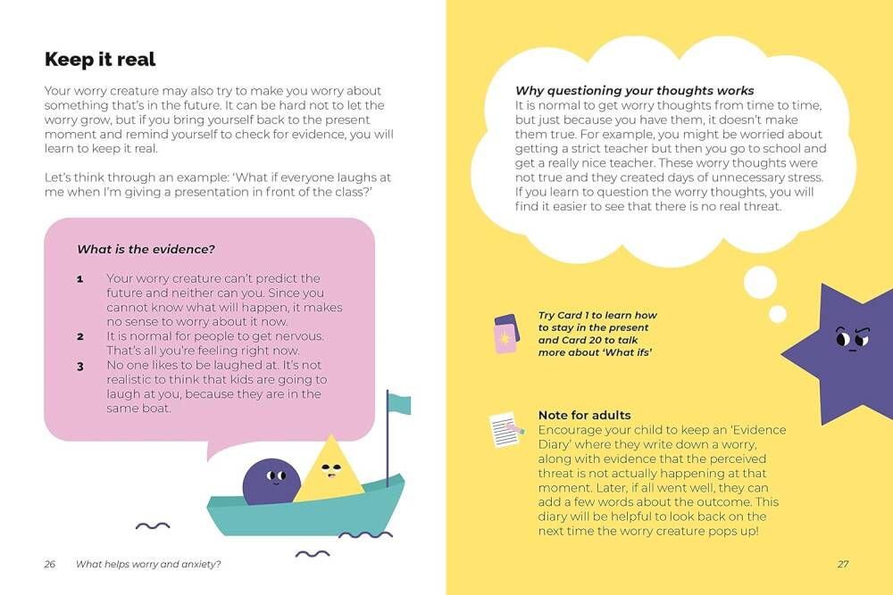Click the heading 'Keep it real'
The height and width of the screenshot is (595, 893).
pos(100,60)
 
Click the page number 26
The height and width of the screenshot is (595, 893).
pos(50,564)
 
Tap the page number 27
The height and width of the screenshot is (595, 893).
pos(842,564)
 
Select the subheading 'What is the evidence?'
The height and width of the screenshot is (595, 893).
pos(146,250)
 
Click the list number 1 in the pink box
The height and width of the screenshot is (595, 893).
pos(80,279)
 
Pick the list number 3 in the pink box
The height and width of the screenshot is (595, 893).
pos(80,366)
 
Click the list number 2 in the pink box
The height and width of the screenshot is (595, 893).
pos(80,337)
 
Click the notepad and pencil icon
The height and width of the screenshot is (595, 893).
pos(506,429)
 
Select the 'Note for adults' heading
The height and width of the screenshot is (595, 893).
pos(584,415)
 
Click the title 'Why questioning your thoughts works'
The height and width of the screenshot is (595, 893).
pos(634,91)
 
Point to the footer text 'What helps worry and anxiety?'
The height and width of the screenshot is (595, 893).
pos(149,564)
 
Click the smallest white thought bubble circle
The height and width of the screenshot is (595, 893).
pos(778,313)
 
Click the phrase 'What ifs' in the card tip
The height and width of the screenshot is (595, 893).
pos(627,352)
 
